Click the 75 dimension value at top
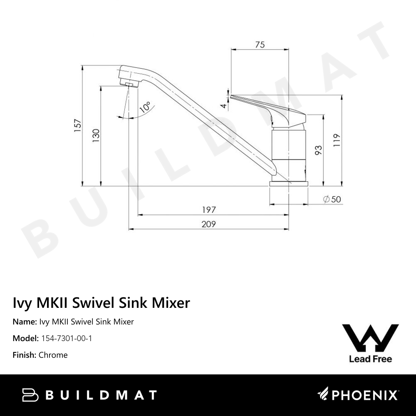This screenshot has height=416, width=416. coord(260,45)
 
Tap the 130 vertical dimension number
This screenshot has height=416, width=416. coord(96,136)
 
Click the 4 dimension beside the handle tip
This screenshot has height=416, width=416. coord(224,106)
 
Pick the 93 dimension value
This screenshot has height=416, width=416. coord(319,150)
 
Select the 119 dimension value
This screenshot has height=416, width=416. coord(337,141)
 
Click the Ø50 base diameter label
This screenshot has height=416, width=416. coord(332,199)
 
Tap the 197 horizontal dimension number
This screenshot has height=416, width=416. coord(208,210)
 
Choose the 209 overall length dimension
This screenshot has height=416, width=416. coord(208,224)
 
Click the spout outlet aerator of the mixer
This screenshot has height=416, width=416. coord(130,84)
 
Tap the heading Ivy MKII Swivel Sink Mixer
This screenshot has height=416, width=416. coord(102,303)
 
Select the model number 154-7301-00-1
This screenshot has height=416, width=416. coord(67,338)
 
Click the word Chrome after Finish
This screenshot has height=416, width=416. coord(53,355)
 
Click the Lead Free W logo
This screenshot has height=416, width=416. coord(370,343)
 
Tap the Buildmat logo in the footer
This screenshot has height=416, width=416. coord(89,395)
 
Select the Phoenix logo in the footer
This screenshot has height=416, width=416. coord(358,395)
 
